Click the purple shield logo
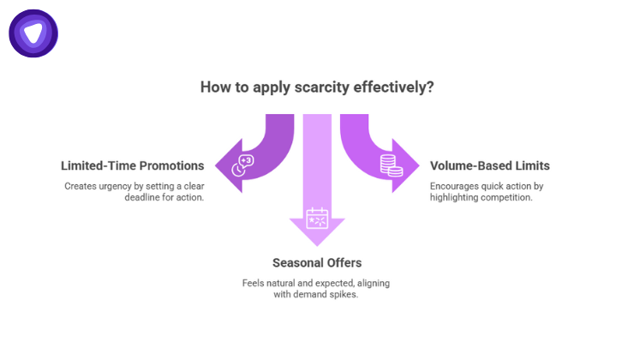33,33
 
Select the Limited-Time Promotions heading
132,165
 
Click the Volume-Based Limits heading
489,165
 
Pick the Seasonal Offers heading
317,261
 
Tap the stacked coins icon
392,165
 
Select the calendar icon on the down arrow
317,217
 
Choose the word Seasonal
294,261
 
